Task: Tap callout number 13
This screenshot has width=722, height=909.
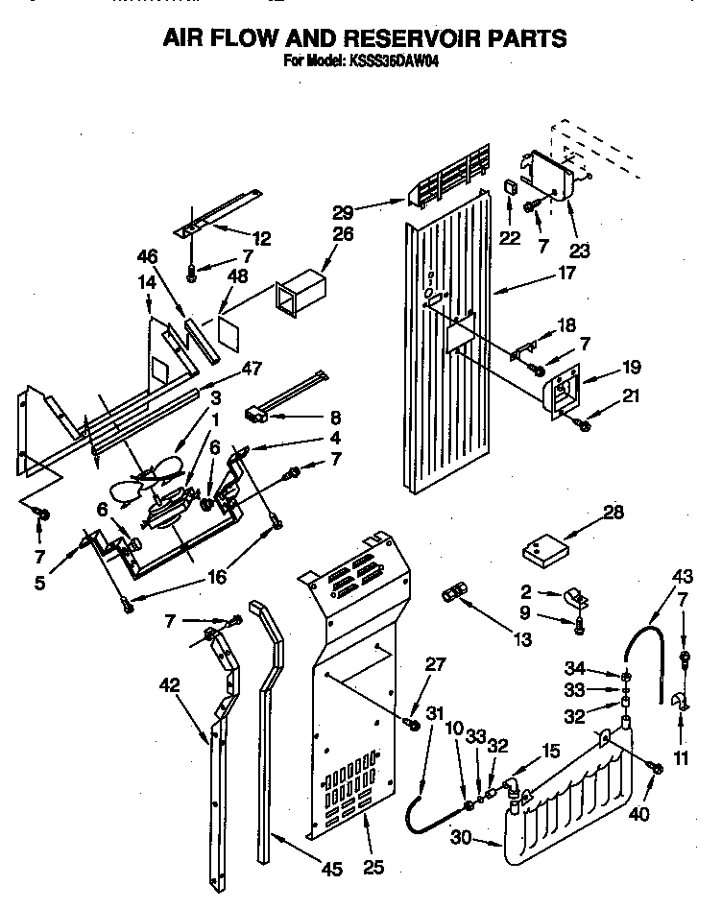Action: [523, 639]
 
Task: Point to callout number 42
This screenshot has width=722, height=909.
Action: [170, 684]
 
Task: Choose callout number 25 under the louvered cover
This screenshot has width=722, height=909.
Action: [373, 868]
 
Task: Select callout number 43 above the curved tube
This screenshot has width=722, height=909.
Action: [683, 576]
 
